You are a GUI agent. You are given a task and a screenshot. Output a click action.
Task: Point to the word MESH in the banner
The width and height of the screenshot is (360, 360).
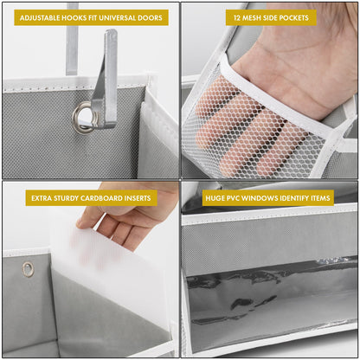click(x=254, y=17)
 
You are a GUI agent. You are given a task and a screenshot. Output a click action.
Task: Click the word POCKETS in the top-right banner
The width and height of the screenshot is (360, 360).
click(x=294, y=17)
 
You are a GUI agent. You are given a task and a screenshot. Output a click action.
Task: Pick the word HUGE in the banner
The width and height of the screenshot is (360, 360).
click(x=215, y=198)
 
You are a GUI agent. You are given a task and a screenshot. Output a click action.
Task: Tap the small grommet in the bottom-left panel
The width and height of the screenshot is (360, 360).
click(x=29, y=268)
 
